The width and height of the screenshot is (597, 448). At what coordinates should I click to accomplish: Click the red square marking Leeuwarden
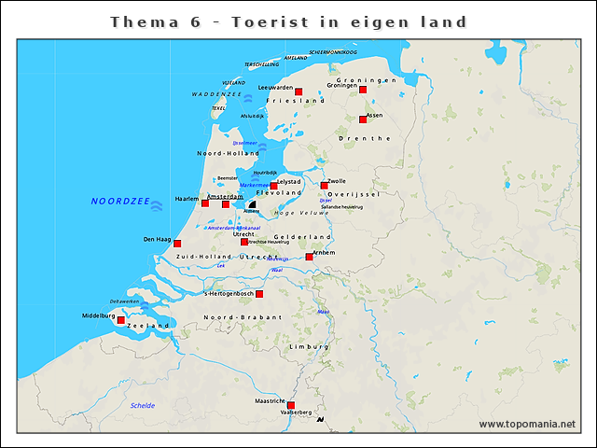pos(298,92)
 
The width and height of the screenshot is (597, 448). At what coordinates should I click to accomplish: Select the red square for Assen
pos(363,119)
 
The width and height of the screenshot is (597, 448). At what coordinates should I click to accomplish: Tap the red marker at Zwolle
pos(325,186)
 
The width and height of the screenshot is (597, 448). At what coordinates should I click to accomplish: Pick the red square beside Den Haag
pos(177,244)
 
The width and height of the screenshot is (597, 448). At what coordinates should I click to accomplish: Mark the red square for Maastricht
pos(291,405)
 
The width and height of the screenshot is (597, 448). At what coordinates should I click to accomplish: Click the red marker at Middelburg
pos(120,320)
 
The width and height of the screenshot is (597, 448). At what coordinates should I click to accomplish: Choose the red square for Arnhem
pos(310,257)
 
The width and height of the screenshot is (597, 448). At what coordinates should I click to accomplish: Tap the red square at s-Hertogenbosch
pos(259,294)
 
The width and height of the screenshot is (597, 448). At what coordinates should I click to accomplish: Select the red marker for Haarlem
pos(205,203)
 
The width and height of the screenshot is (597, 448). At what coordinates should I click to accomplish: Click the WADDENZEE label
pos(217,94)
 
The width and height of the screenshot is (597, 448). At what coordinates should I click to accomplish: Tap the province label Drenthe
pos(368,138)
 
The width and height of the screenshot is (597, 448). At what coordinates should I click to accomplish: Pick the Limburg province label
pos(309,346)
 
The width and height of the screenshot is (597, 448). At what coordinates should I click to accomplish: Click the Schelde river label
pos(143,405)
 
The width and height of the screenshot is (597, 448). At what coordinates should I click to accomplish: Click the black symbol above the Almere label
pos(252,203)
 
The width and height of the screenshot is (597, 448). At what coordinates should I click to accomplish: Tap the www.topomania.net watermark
pos(527,424)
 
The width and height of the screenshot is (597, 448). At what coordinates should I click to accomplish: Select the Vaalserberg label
pos(296,412)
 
